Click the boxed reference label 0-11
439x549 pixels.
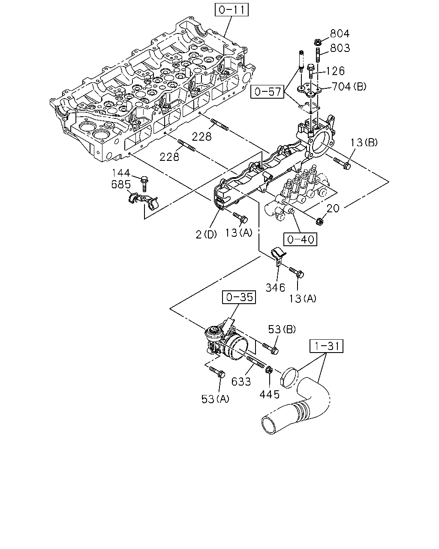(x=232, y=10)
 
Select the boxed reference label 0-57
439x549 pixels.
(x=268, y=92)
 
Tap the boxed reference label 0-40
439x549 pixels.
(x=300, y=239)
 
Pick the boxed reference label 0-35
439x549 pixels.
(x=239, y=297)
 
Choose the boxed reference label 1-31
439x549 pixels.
(x=327, y=346)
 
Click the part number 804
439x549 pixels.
(x=340, y=33)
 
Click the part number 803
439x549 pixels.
(x=340, y=48)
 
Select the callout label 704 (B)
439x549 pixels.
(x=349, y=87)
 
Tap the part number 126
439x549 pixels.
(x=335, y=71)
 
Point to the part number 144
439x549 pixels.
(x=121, y=173)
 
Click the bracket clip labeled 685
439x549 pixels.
(x=143, y=201)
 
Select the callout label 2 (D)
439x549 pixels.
(x=206, y=235)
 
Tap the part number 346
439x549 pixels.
(x=275, y=288)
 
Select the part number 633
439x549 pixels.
(x=241, y=381)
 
